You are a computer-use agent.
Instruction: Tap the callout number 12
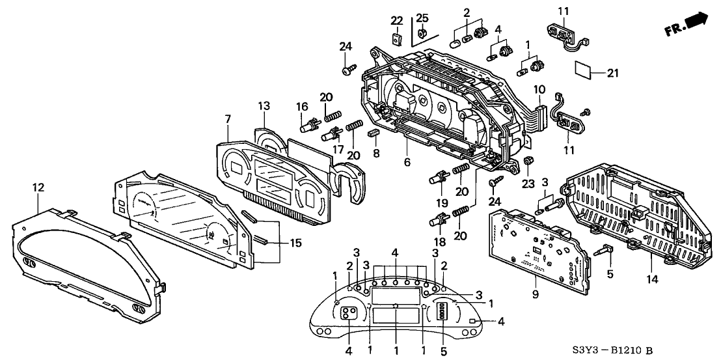(38, 187)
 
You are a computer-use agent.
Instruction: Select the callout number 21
(612, 74)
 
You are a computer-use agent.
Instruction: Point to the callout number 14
(653, 279)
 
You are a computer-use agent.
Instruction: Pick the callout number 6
(539, 89)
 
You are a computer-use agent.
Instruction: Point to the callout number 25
(422, 16)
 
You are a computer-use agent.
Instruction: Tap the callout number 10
(539, 89)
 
